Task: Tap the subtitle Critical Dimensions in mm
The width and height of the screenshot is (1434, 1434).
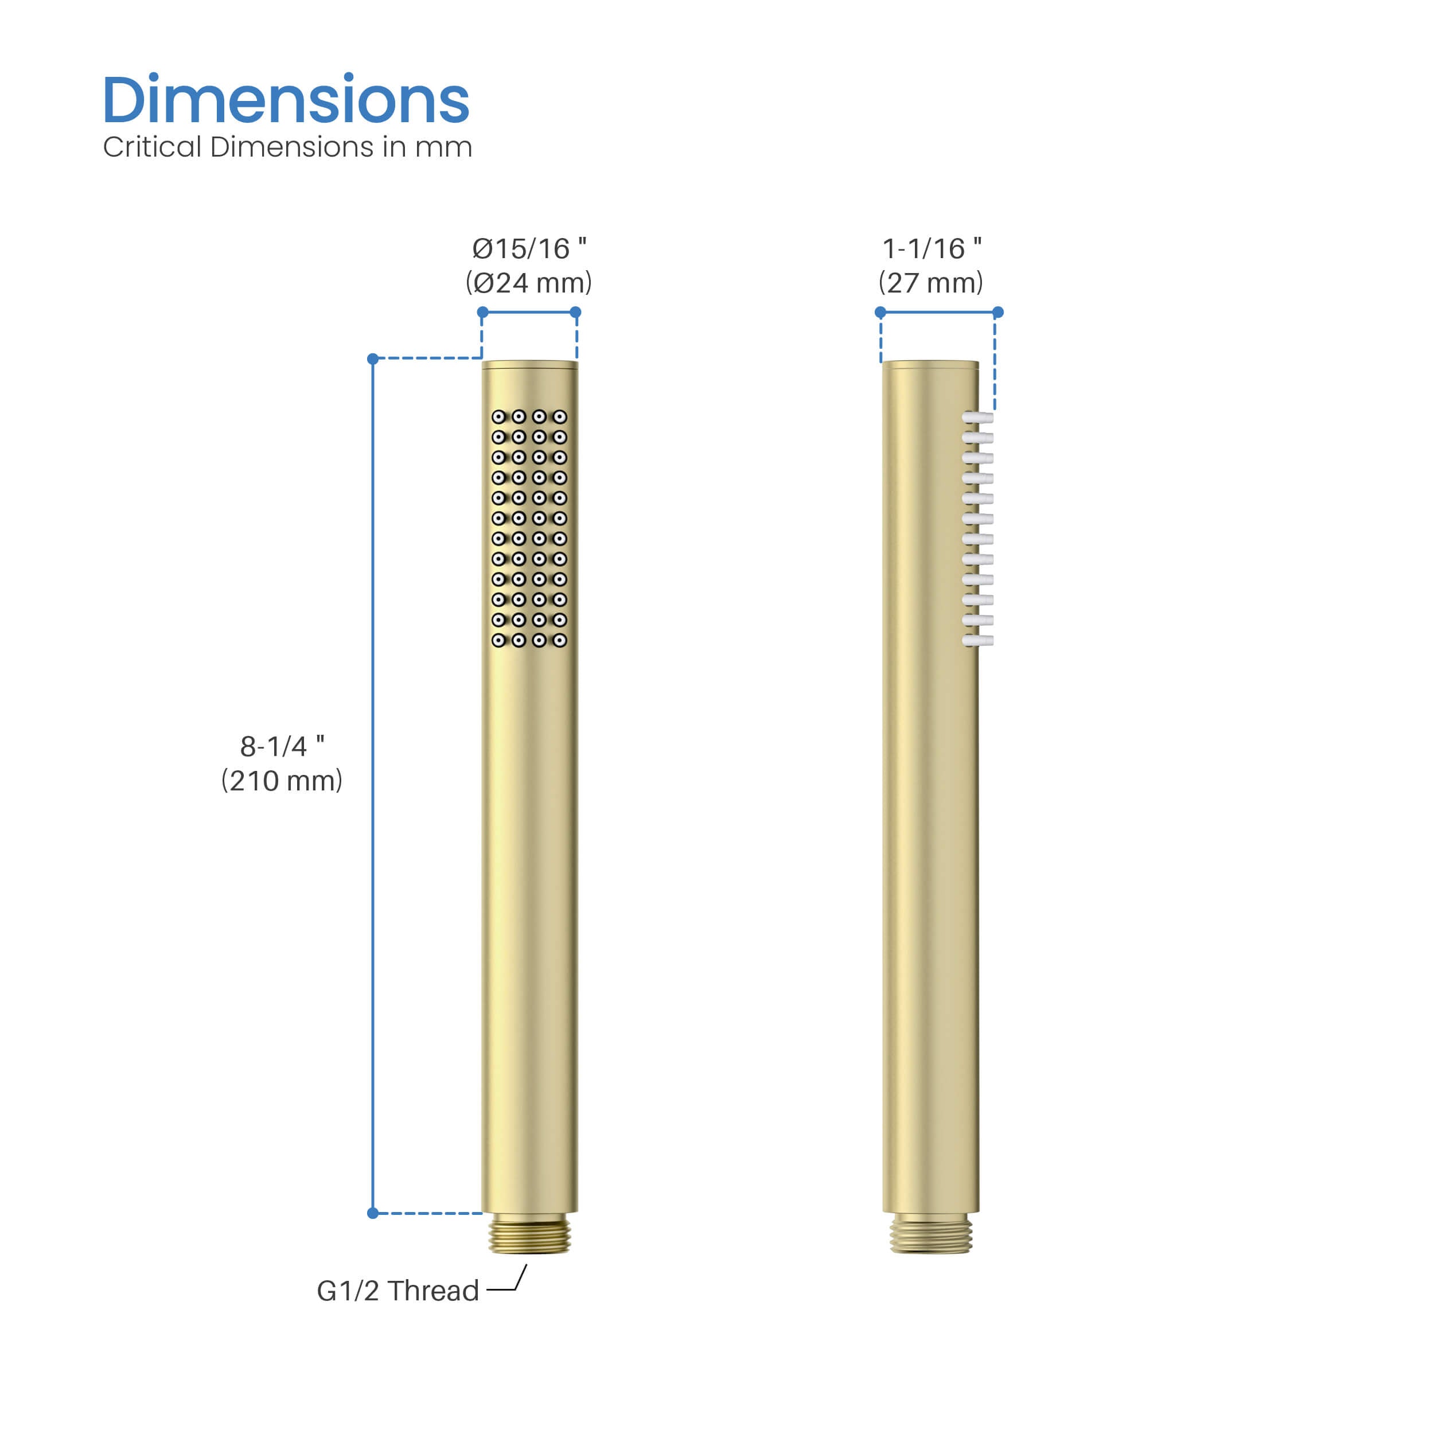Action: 287,147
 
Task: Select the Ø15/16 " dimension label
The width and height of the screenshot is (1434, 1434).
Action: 529,248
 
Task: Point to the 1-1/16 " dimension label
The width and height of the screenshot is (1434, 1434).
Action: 932,248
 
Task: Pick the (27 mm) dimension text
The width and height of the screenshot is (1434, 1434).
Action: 931,283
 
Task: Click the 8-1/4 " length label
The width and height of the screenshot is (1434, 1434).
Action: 282,746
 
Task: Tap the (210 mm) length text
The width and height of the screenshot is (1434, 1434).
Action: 282,780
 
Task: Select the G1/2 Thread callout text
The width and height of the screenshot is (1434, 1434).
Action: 398,1291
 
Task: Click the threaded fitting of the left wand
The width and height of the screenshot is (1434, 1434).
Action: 529,1234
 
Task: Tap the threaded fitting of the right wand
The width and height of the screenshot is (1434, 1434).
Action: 931,1234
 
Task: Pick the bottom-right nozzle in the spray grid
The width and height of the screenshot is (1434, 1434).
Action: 560,640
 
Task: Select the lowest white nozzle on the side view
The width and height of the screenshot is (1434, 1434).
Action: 977,640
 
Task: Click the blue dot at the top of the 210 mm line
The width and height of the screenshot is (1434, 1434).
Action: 373,359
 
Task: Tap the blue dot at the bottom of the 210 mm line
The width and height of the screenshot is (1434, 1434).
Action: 373,1213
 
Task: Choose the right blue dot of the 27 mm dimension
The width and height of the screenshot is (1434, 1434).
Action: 998,313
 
